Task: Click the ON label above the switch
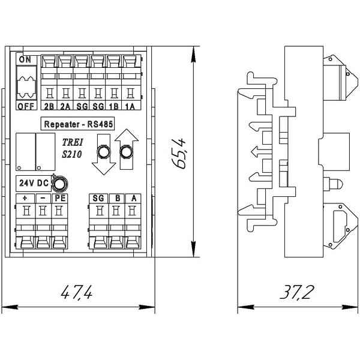point(25,59)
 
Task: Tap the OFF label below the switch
point(26,106)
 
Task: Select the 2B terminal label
point(49,107)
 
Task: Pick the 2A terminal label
point(65,107)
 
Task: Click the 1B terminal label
point(113,107)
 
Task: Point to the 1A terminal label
point(130,107)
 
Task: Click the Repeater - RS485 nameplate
point(77,124)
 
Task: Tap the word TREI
point(73,142)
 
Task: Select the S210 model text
point(72,154)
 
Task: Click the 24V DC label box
point(34,183)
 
